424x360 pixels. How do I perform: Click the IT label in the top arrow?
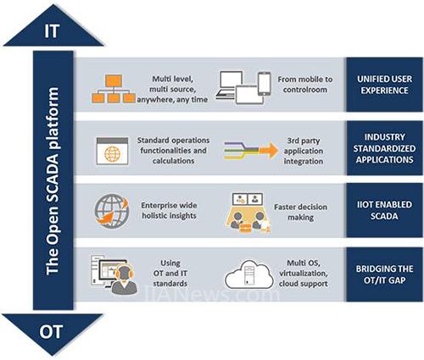(x=52, y=30)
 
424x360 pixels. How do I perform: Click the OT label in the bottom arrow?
(x=51, y=332)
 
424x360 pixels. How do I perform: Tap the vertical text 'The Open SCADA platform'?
(x=53, y=180)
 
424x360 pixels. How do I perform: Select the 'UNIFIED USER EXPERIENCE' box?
(x=384, y=85)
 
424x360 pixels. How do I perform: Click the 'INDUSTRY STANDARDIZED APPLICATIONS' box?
(x=384, y=148)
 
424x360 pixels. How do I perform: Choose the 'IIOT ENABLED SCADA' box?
(x=384, y=210)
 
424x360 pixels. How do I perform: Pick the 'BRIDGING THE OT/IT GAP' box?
(x=384, y=274)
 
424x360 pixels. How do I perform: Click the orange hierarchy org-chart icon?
(x=114, y=89)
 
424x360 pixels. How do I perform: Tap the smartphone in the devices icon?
(x=265, y=84)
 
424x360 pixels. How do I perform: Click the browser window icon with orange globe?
(x=112, y=151)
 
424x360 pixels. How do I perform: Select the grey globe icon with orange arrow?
(x=112, y=211)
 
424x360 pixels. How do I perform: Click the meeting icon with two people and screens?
(x=248, y=213)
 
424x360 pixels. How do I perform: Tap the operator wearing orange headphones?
(x=124, y=280)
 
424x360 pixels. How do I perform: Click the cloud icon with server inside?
(x=248, y=274)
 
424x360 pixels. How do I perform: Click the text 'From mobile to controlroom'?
(x=305, y=85)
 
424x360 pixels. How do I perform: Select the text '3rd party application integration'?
(x=304, y=151)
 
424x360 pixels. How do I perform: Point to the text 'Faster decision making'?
(x=300, y=212)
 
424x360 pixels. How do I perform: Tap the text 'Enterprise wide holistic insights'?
(x=169, y=210)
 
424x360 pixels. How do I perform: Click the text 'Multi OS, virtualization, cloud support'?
(x=304, y=274)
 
